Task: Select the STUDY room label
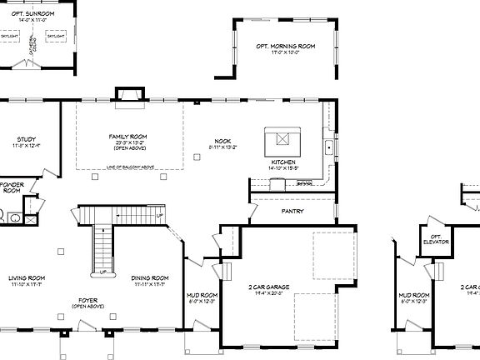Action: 26,139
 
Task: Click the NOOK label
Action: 222,141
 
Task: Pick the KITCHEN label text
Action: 283,162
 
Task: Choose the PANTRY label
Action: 292,211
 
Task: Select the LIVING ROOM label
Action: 27,277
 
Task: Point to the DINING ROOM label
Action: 151,277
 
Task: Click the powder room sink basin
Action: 16,219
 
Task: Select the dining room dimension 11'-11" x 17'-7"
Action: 151,285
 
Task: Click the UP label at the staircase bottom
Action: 102,272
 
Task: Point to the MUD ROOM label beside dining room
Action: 202,296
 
